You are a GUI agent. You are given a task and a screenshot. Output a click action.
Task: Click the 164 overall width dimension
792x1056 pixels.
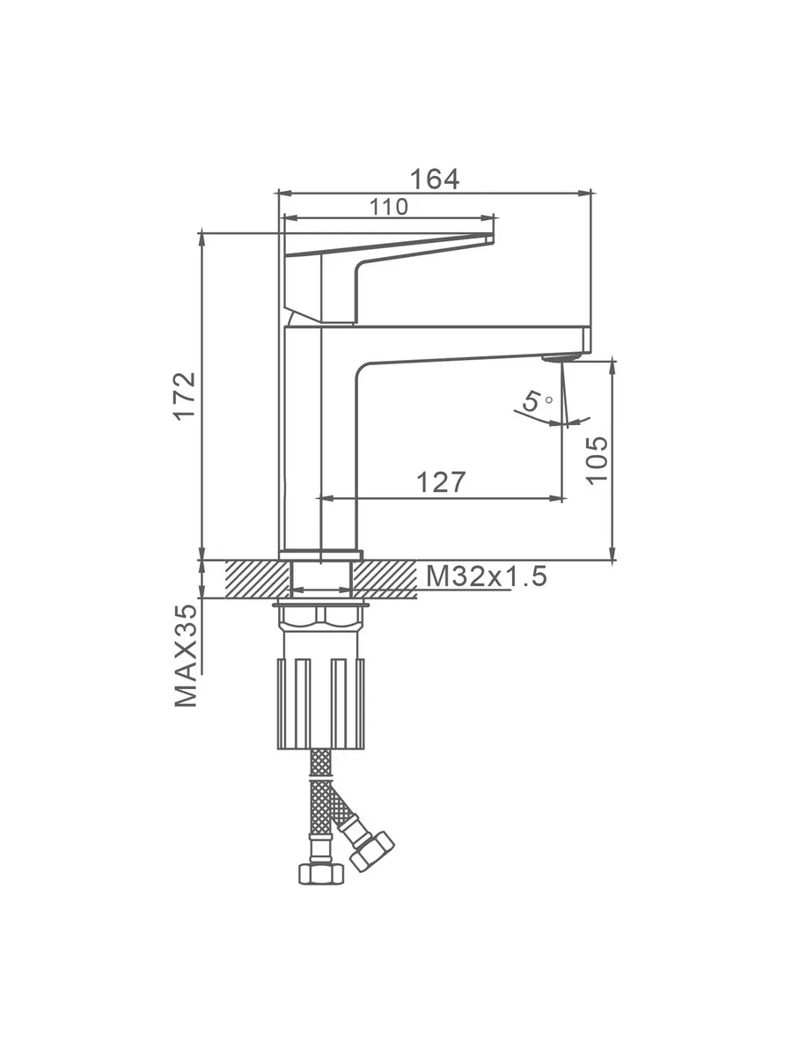[x=434, y=180]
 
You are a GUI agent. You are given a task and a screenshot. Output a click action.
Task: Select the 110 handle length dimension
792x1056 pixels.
[x=389, y=208]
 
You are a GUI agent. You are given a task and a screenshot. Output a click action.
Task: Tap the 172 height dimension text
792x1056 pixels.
[x=186, y=396]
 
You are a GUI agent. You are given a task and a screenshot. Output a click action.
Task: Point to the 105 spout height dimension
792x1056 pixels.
[x=598, y=460]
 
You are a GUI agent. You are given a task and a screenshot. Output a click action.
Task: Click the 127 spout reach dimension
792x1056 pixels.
[x=441, y=482]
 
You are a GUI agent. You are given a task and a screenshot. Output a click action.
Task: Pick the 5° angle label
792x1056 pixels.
[x=536, y=400]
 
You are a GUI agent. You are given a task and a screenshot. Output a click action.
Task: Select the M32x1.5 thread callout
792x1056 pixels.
[x=487, y=576]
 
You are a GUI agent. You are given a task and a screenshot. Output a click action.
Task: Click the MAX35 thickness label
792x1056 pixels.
[x=186, y=656]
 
